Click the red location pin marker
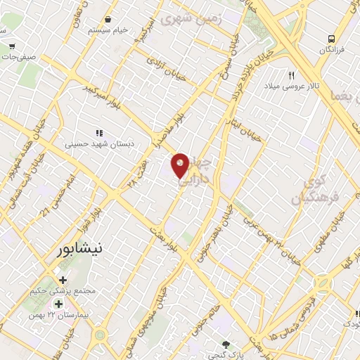(x=181, y=165)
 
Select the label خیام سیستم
(x=108, y=31)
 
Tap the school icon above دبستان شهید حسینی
(x=99, y=132)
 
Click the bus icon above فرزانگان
(x=331, y=39)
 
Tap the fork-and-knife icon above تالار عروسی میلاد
(x=291, y=75)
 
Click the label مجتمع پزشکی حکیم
(x=63, y=289)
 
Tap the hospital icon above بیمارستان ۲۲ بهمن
(x=58, y=304)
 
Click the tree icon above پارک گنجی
(x=226, y=343)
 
